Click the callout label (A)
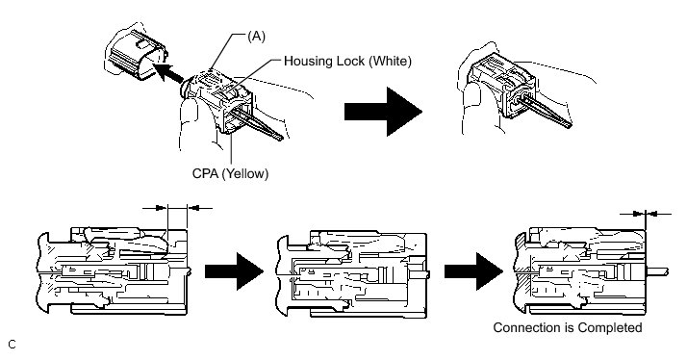256,36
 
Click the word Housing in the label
303,61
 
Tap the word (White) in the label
390,61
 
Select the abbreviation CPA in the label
206,173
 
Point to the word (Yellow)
245,173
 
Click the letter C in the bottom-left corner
12,345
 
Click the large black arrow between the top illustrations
383,112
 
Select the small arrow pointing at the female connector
167,73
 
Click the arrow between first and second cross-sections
234,271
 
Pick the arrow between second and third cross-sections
473,271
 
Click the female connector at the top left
136,55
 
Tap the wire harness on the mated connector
546,112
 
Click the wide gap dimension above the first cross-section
177,208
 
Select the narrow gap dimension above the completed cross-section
646,214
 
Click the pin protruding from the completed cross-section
657,271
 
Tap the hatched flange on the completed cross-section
522,271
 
